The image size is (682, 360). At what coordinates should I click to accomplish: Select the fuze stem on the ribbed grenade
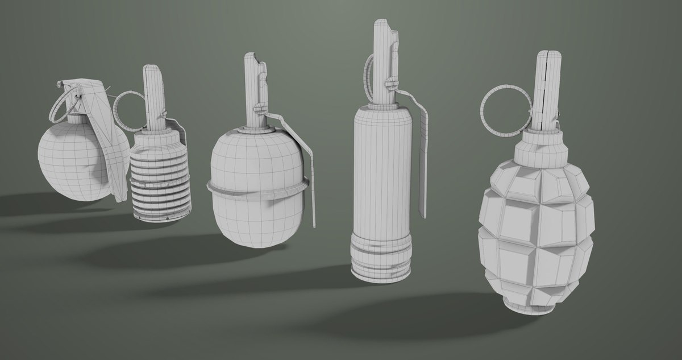(x=154, y=97)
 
